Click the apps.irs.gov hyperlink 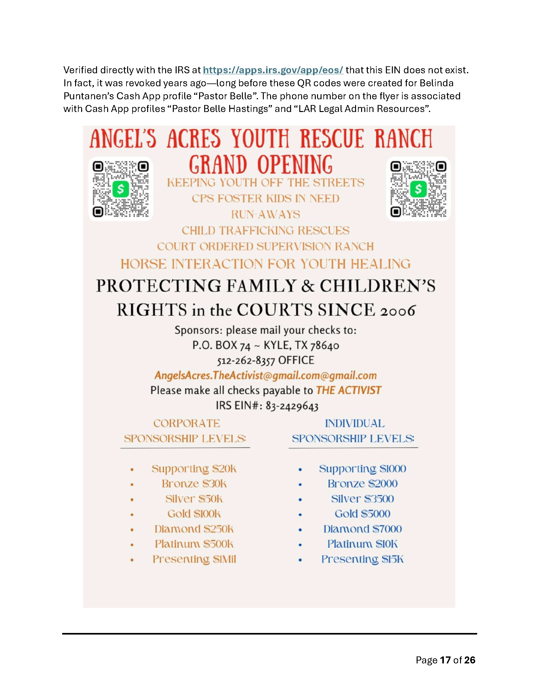click(273, 70)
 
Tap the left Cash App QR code click(120, 189)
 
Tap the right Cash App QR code click(418, 189)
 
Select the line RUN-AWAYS click(266, 214)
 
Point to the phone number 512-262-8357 click(246, 361)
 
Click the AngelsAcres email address click(266, 376)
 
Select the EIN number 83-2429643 click(292, 406)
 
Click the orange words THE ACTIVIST click(349, 391)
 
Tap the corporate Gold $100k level click(194, 514)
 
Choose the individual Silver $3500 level click(362, 499)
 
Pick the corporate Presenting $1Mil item click(194, 559)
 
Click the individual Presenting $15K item click(362, 559)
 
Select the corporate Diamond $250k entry click(194, 529)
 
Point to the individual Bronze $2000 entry click(362, 484)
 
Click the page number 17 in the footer click(445, 660)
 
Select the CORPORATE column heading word click(187, 424)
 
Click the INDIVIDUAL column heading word click(355, 424)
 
